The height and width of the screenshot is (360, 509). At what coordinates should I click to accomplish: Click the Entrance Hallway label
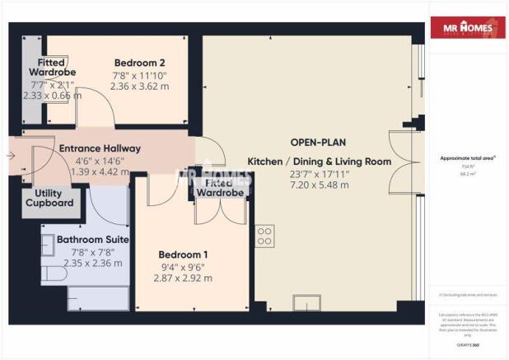click(x=100, y=148)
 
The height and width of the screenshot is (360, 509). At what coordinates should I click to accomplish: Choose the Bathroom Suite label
click(x=87, y=240)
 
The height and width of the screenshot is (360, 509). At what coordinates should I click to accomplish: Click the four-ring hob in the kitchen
click(x=265, y=237)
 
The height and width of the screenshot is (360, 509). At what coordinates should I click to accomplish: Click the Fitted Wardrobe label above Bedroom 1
click(x=218, y=187)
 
